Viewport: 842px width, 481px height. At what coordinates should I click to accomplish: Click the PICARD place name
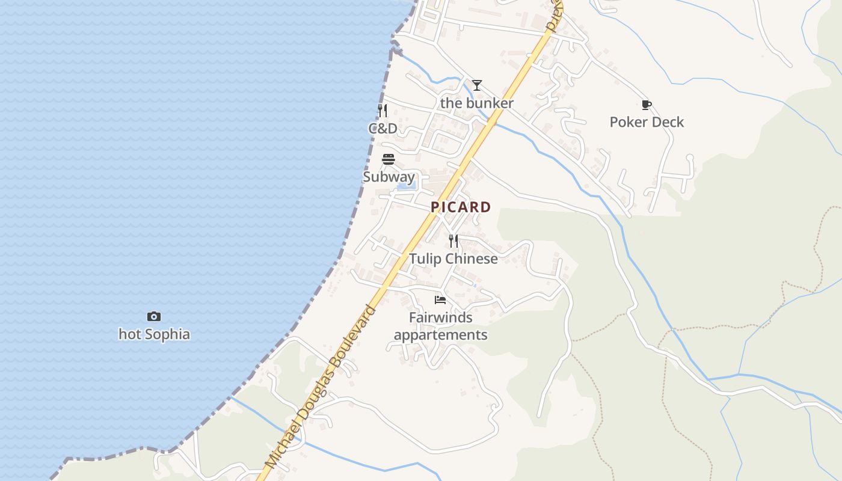tap(461, 207)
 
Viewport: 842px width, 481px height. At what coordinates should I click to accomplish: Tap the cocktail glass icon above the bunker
tap(477, 85)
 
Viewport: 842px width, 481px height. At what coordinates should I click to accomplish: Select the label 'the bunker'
tap(477, 103)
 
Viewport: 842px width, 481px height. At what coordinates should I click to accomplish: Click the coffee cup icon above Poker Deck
tap(647, 105)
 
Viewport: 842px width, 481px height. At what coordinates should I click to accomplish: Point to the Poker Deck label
tap(647, 122)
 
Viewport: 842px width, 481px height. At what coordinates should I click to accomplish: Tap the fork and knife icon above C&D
tap(383, 111)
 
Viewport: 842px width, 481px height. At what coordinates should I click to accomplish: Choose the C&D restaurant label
tap(383, 129)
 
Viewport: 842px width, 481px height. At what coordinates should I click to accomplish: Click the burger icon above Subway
tap(389, 159)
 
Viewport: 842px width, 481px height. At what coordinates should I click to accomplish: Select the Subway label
tap(389, 177)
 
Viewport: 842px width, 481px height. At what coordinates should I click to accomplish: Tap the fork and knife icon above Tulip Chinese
tap(453, 241)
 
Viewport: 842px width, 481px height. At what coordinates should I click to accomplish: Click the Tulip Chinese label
tap(453, 259)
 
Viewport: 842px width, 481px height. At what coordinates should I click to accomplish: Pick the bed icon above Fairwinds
tap(440, 300)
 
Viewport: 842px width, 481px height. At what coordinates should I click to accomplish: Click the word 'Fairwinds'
tap(441, 317)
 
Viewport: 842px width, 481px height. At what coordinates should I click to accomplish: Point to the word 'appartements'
tap(441, 335)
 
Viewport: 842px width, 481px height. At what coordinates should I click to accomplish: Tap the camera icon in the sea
tap(154, 316)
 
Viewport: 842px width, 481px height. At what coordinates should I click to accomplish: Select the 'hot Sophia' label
tap(154, 334)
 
